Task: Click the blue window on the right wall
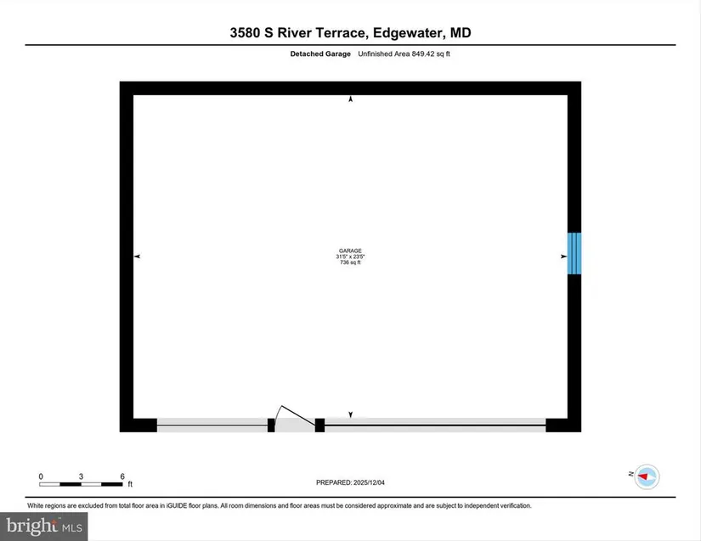(574, 253)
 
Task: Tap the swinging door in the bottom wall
(295, 419)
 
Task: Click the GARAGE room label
(350, 251)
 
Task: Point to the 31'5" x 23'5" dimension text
(350, 256)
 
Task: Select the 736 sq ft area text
(350, 262)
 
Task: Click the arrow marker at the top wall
(350, 99)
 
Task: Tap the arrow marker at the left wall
(138, 256)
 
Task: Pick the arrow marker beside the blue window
(563, 256)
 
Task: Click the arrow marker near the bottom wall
(350, 414)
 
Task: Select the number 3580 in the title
(245, 32)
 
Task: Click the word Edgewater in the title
(408, 33)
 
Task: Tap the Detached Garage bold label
(320, 54)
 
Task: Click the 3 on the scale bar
(81, 476)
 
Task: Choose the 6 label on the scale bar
(122, 476)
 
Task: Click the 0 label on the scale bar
(41, 476)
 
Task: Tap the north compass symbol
(647, 476)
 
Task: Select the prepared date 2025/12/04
(369, 482)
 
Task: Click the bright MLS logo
(44, 527)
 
